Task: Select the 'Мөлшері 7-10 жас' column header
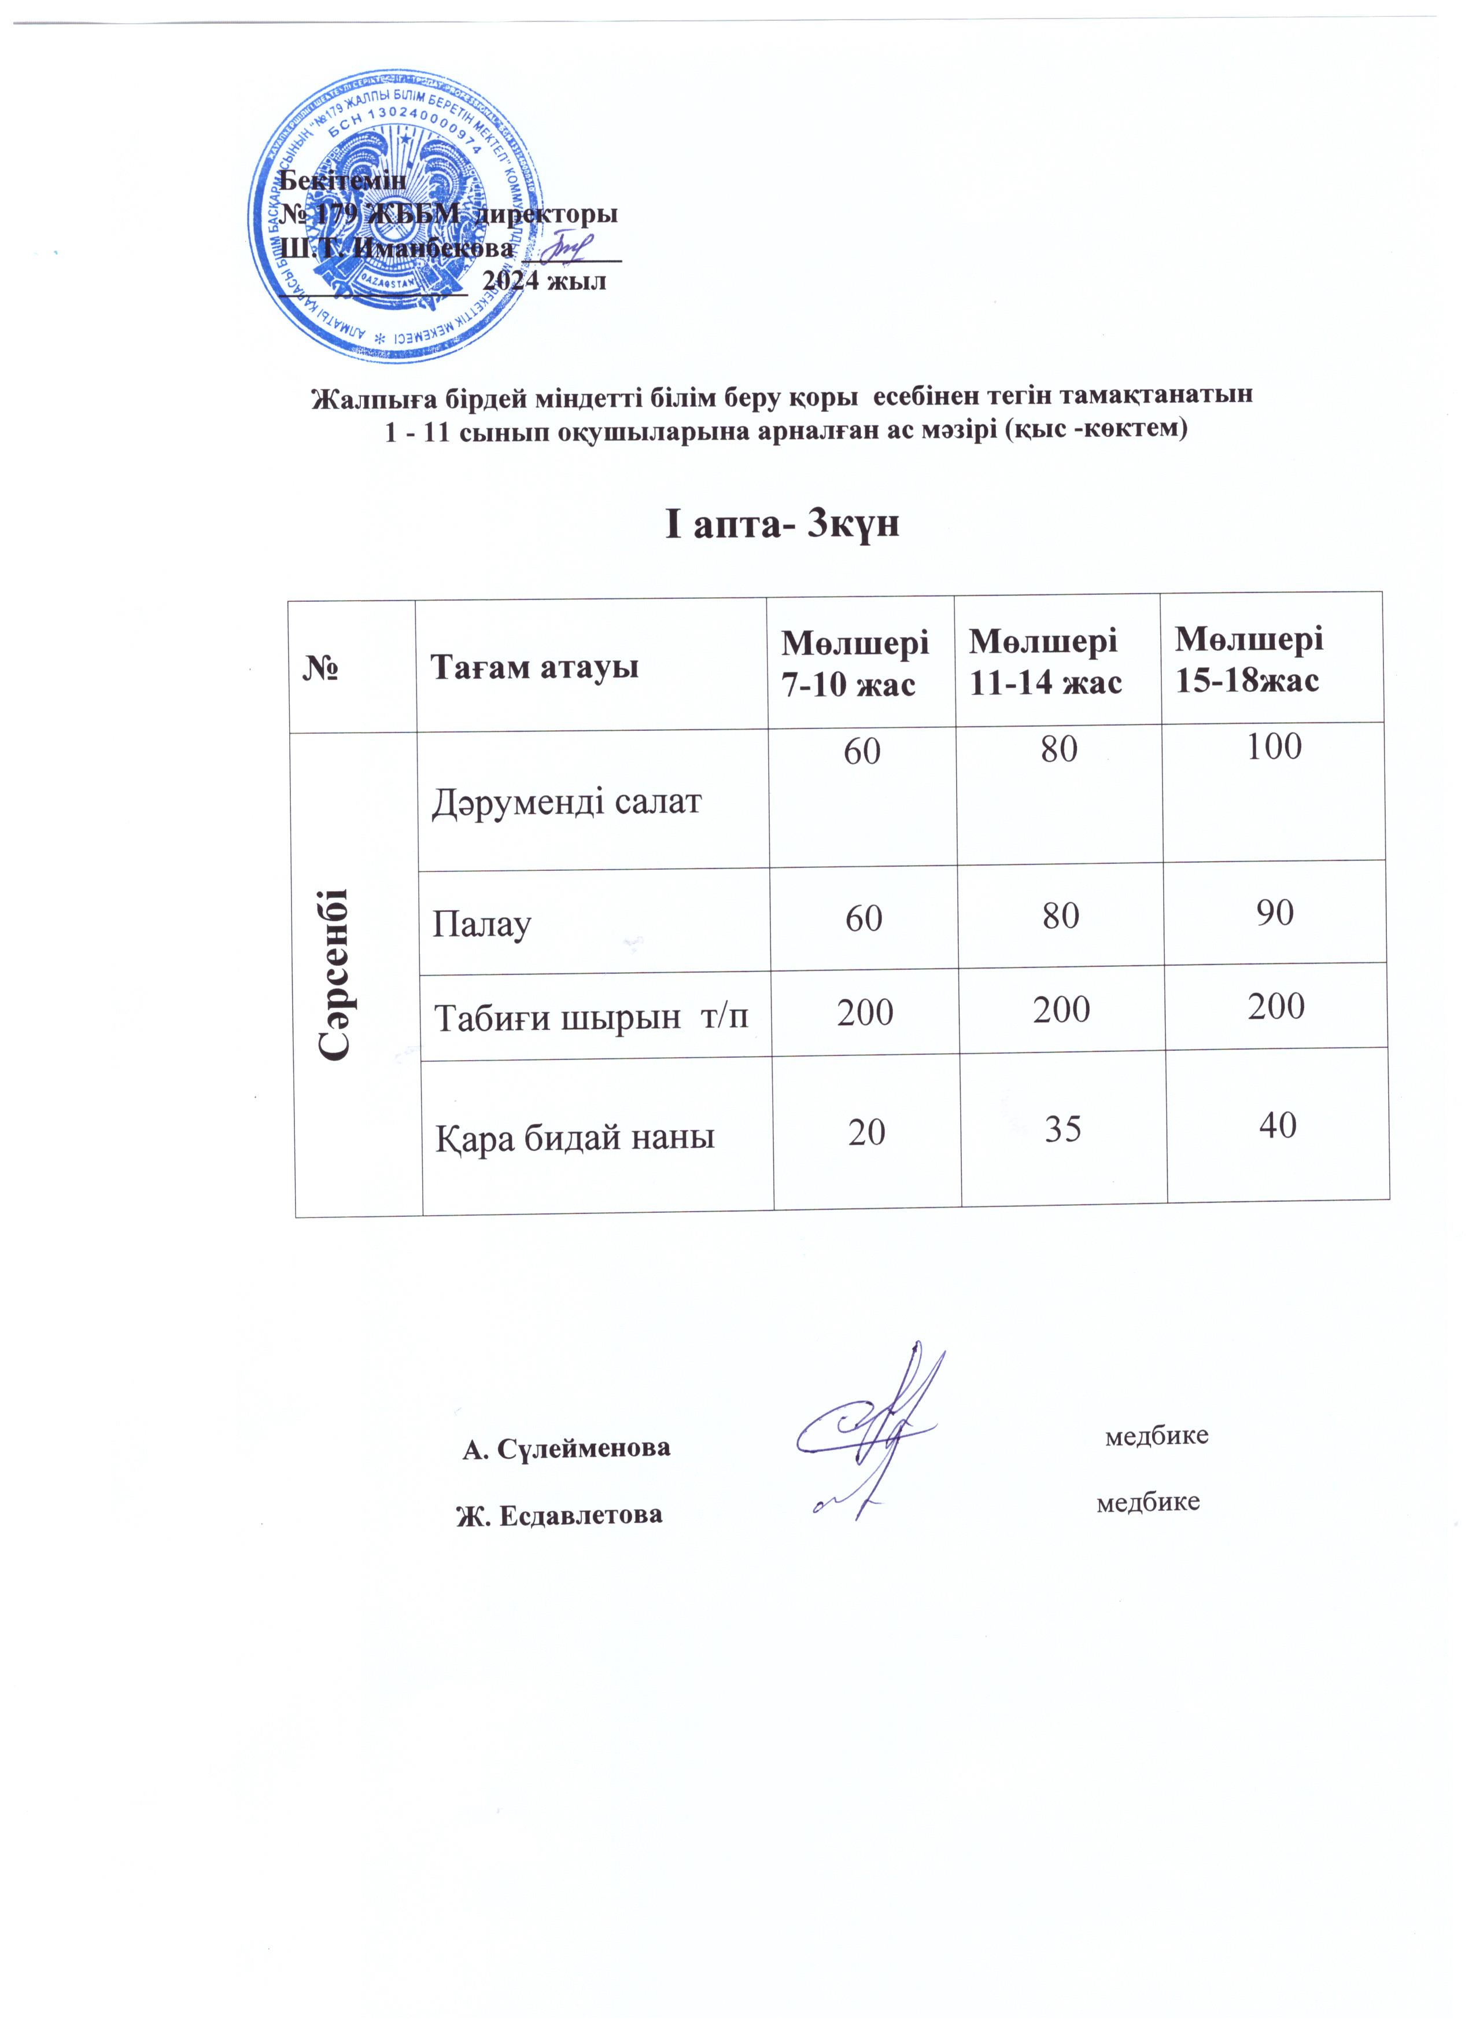855,663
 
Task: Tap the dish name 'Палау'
482,923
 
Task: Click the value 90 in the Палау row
1275,913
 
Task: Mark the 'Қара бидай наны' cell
575,1137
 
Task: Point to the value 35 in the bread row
1062,1130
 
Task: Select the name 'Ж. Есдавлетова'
560,1515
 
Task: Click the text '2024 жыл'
543,281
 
